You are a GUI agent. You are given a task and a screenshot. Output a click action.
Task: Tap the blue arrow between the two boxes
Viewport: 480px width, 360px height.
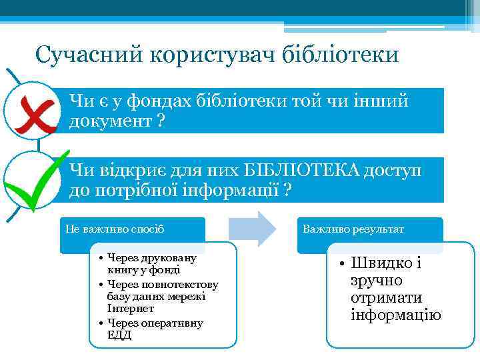pyautogui.click(x=252, y=229)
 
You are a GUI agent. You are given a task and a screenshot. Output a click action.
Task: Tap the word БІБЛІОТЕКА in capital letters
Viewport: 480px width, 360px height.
pyautogui.click(x=296, y=171)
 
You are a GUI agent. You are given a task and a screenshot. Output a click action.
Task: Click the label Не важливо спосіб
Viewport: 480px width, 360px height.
pyautogui.click(x=115, y=229)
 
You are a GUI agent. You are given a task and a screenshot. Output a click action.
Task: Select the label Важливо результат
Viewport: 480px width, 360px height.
pyautogui.click(x=353, y=229)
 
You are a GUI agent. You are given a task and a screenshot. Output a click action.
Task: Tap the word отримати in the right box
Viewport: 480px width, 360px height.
pyautogui.click(x=380, y=298)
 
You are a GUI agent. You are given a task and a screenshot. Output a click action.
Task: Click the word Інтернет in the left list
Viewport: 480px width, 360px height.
pyautogui.click(x=130, y=309)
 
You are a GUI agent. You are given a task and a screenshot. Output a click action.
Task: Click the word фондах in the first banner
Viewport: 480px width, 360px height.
pyautogui.click(x=151, y=101)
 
